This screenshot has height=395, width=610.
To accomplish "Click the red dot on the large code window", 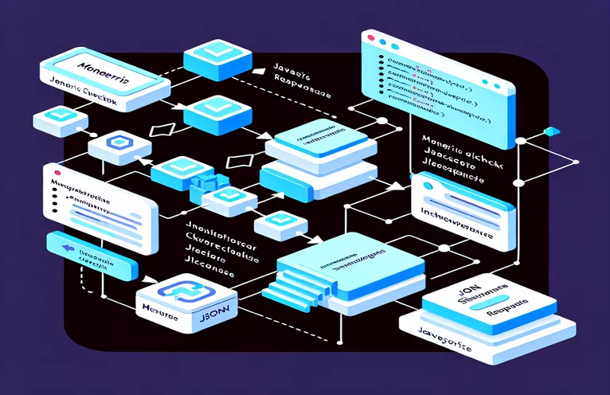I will pos(368,37).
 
